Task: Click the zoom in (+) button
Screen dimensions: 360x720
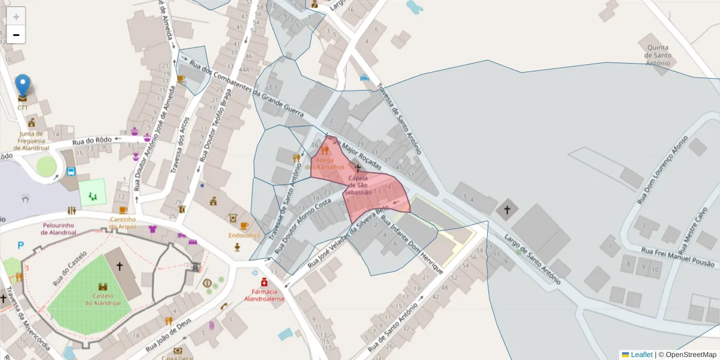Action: click(16, 16)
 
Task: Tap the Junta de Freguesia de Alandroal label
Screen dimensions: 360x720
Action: click(31, 140)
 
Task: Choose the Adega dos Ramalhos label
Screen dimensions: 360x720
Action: click(325, 163)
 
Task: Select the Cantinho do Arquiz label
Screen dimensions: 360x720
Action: click(122, 223)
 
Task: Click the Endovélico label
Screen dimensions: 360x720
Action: click(244, 236)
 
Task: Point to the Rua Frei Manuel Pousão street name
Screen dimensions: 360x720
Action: click(678, 257)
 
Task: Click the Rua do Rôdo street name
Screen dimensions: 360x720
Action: click(92, 141)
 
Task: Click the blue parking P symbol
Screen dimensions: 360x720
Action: click(21, 245)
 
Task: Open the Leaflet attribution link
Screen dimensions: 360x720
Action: click(641, 355)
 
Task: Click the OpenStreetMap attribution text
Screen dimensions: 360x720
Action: click(691, 355)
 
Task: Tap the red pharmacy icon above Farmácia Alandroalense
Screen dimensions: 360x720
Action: click(264, 282)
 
